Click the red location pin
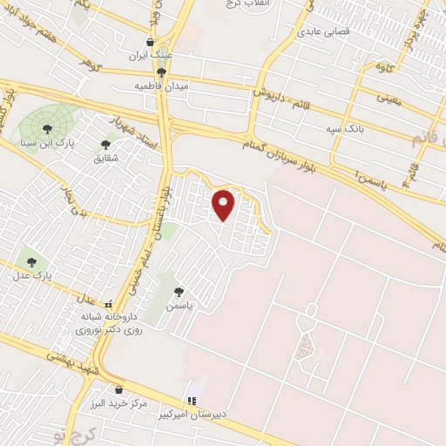click(x=224, y=205)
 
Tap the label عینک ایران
click(x=150, y=54)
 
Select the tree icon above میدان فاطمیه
click(x=162, y=72)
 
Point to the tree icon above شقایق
click(x=106, y=145)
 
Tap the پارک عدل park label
click(x=32, y=274)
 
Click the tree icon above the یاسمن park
click(x=179, y=293)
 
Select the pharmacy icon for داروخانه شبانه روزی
click(x=108, y=305)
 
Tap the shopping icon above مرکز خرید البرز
click(x=119, y=389)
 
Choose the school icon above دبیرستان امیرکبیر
click(x=190, y=400)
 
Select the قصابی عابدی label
click(x=322, y=31)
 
